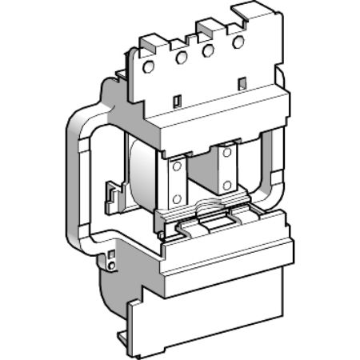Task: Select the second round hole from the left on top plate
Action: (182, 58)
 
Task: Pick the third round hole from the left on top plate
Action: (210, 51)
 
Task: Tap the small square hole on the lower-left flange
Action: (111, 255)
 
